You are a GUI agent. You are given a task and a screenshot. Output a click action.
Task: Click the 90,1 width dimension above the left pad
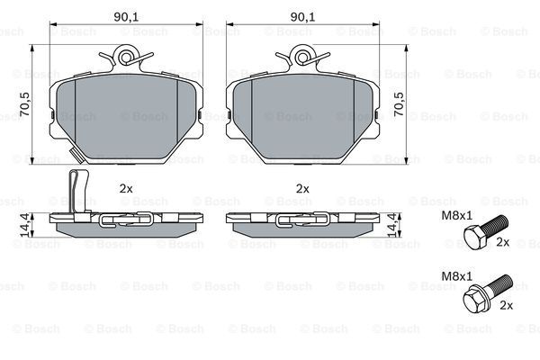[x=126, y=17]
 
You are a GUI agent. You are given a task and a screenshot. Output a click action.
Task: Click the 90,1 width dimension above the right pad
[x=302, y=17]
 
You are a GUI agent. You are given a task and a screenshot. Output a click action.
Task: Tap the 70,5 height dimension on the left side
[x=25, y=104]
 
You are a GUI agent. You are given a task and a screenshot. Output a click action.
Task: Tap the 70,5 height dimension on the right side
[x=399, y=104]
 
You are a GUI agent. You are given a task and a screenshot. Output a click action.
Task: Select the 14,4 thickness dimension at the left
[x=25, y=225]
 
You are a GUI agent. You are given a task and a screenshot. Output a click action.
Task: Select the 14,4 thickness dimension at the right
[x=392, y=225]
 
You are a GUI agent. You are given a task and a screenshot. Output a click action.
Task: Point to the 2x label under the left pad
[x=126, y=188]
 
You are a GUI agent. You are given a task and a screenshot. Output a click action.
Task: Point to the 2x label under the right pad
[x=302, y=188]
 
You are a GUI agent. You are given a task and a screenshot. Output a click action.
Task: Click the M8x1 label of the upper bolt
[x=457, y=216]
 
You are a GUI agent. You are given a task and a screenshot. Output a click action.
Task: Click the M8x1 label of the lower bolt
[x=457, y=276]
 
